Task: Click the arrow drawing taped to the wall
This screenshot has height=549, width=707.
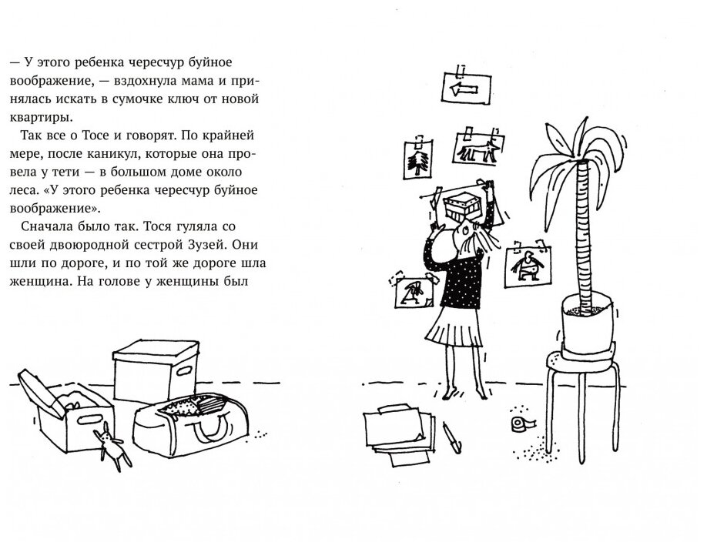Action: pos(466,88)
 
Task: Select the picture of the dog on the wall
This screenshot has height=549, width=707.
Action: pos(478,148)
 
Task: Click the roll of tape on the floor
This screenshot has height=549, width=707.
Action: pos(524,424)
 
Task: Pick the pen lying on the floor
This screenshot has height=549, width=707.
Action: pos(452,437)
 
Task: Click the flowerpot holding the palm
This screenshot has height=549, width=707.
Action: pos(586,323)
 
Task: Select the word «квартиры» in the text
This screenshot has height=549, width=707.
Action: pos(41,117)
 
